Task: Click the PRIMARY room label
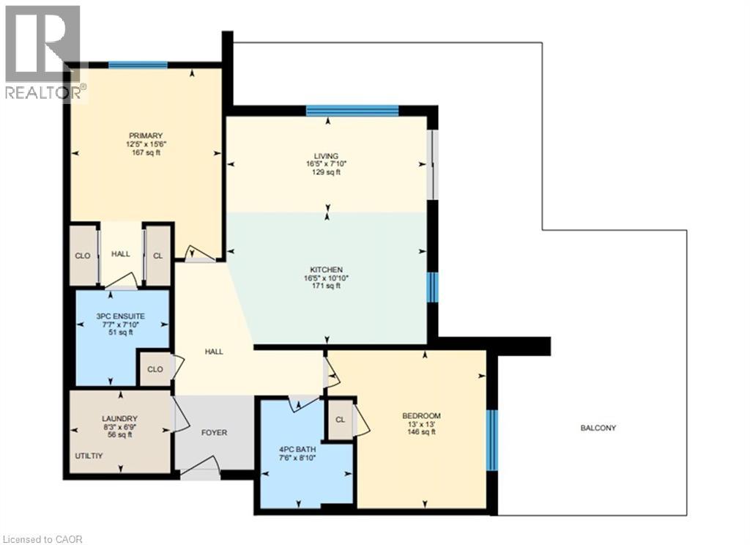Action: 141,136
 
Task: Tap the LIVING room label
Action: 326,156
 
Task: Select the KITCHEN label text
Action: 326,270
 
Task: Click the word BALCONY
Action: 598,429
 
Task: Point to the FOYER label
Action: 214,433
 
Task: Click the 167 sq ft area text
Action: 141,153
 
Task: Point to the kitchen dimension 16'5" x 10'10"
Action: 326,278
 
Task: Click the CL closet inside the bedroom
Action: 340,420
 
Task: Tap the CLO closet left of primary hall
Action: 83,256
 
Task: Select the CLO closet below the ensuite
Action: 155,369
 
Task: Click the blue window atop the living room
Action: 352,111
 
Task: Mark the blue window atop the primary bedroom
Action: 138,65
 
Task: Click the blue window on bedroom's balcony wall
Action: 493,440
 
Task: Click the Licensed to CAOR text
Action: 42,540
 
